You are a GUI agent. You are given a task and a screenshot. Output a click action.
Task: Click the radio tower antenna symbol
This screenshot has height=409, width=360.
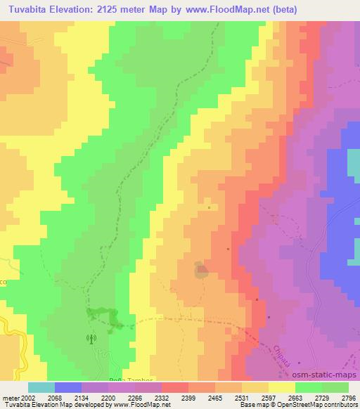click(90, 339)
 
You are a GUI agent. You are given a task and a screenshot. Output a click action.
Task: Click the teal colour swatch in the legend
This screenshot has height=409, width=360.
click(41, 387)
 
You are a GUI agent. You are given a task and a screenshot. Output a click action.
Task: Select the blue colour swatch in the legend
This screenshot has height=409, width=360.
click(68, 387)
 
